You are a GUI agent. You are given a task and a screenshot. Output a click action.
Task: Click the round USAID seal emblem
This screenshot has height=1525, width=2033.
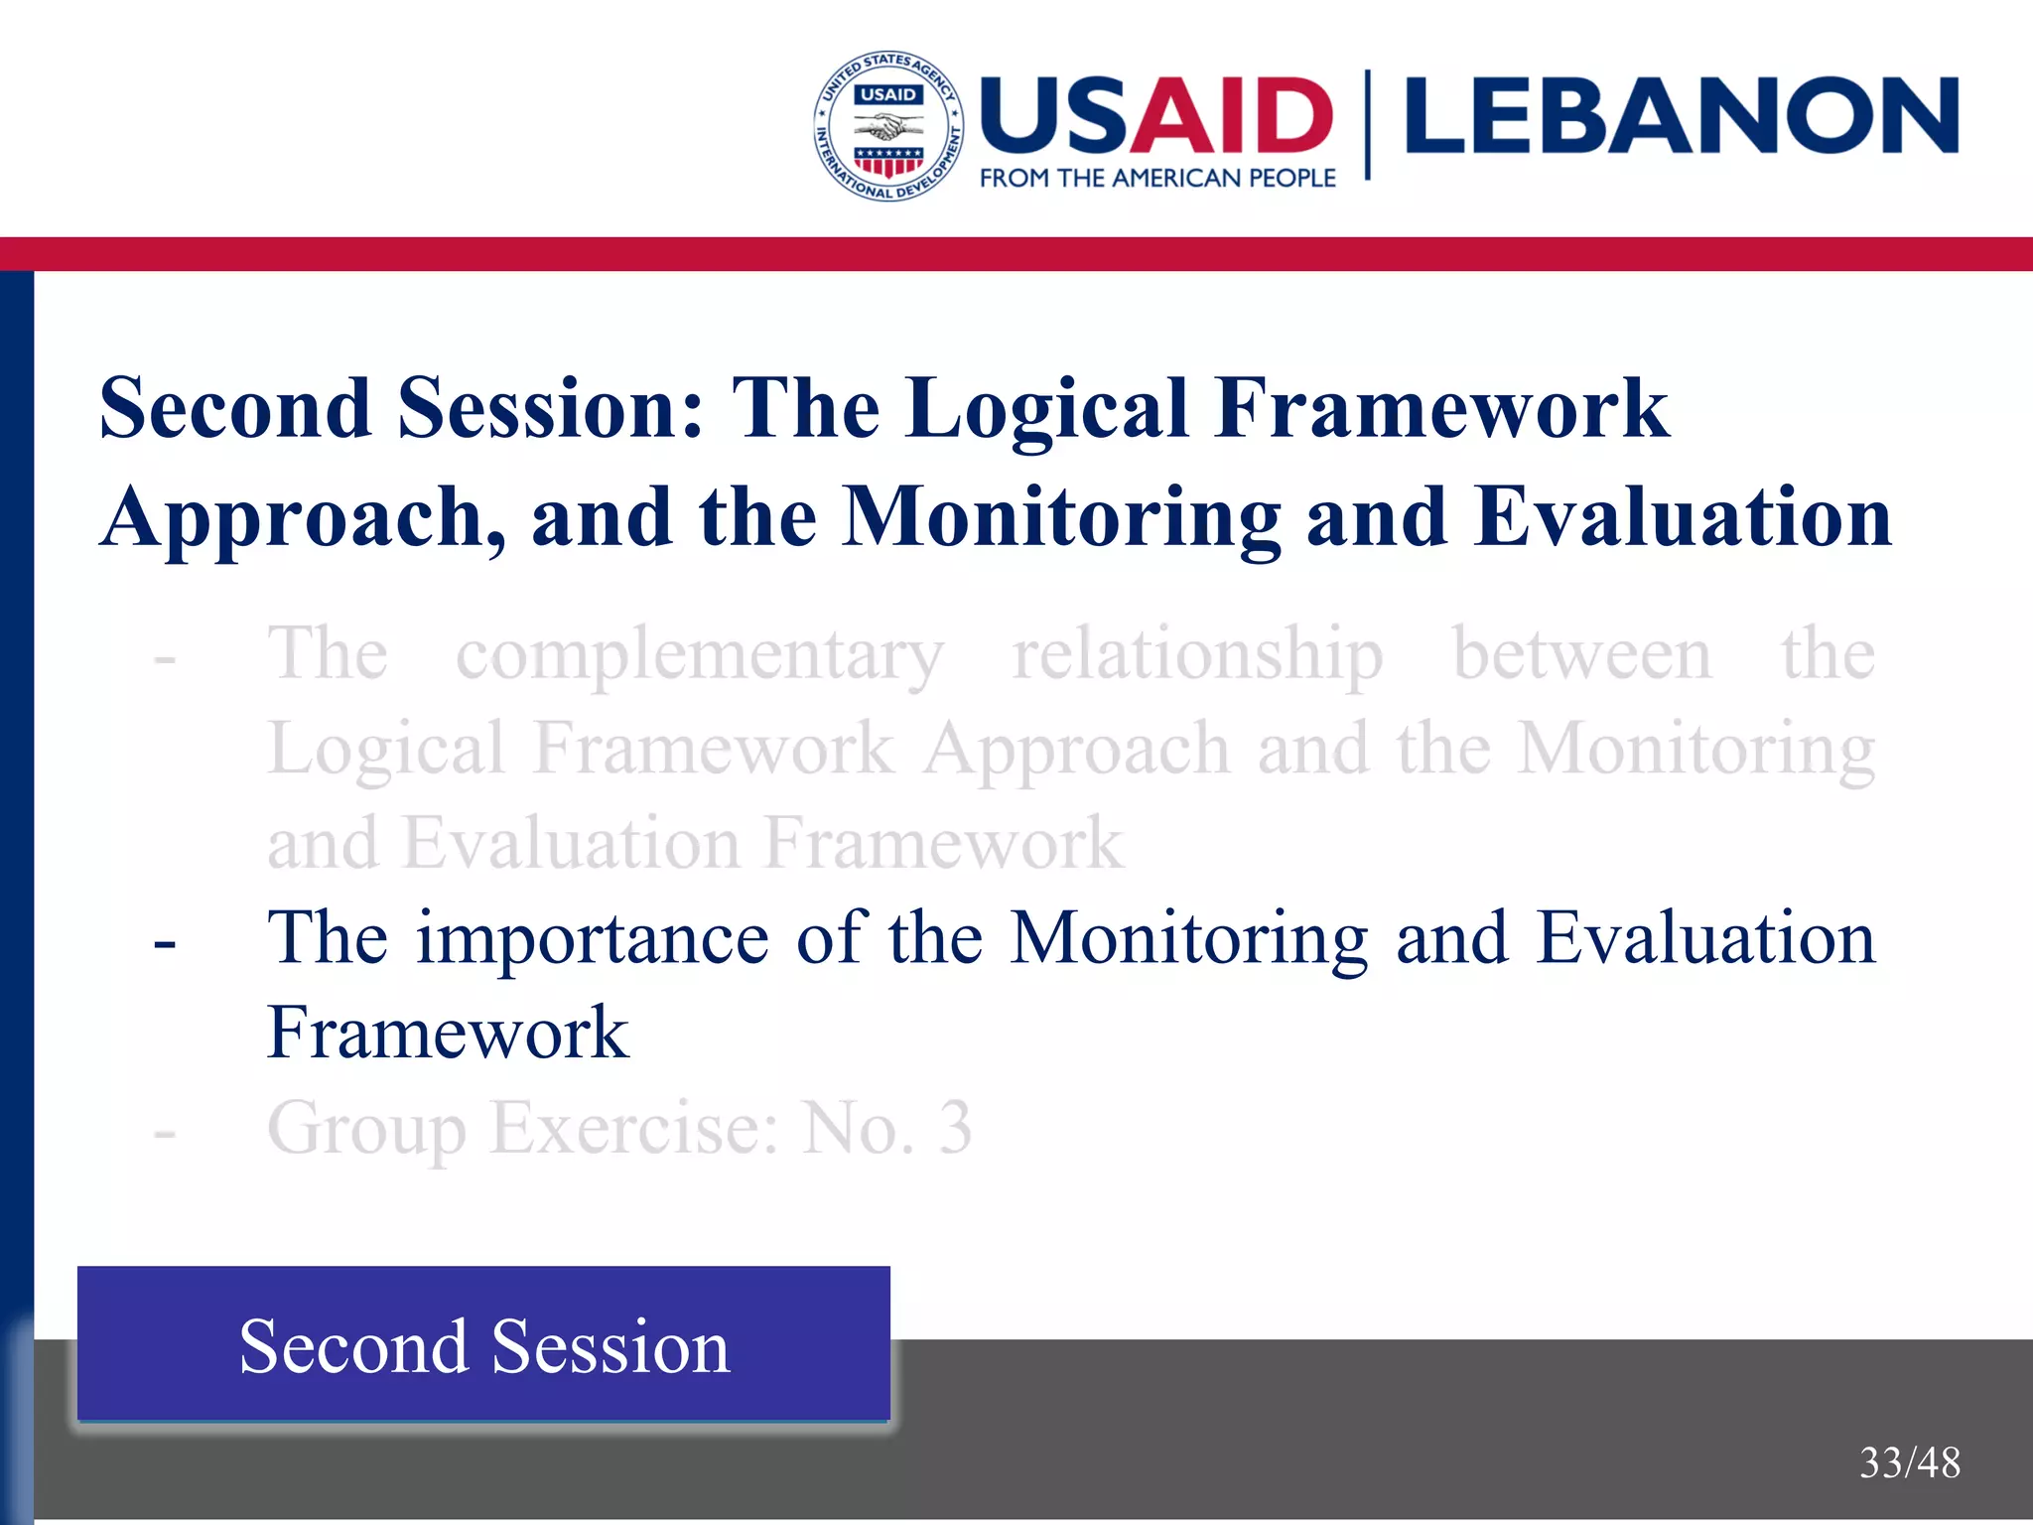[x=888, y=126]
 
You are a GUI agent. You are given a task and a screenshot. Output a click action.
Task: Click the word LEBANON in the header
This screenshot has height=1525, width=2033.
[x=1681, y=117]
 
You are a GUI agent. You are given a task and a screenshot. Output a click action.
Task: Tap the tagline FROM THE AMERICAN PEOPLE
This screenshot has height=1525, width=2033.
[x=1157, y=179]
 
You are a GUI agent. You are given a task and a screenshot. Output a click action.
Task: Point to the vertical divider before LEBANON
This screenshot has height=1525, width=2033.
[x=1368, y=124]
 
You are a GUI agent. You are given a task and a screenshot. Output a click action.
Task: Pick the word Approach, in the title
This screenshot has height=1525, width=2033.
[x=303, y=517]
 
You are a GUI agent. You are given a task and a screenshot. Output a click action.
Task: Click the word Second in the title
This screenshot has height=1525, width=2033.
[x=235, y=408]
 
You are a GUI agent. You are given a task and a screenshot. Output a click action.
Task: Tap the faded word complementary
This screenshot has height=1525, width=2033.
[x=699, y=655]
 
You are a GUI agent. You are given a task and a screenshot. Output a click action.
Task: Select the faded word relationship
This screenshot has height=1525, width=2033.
[x=1197, y=655]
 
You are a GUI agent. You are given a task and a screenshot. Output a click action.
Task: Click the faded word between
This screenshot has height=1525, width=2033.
[x=1581, y=655]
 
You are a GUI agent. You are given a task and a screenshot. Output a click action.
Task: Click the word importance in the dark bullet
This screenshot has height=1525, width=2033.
[x=592, y=938]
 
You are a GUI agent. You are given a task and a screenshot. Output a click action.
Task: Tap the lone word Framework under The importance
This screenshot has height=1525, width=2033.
[x=448, y=1033]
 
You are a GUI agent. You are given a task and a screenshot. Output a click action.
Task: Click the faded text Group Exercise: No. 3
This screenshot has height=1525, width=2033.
[x=619, y=1128]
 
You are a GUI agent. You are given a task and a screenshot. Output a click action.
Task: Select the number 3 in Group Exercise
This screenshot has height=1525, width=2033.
[x=955, y=1128]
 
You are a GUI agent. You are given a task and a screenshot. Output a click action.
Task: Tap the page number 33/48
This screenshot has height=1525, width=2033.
[x=1909, y=1462]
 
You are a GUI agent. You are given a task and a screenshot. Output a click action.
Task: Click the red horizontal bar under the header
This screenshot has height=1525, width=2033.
[x=1016, y=254]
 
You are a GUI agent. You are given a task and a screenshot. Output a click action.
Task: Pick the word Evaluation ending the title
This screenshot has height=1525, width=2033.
[x=1683, y=517]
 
